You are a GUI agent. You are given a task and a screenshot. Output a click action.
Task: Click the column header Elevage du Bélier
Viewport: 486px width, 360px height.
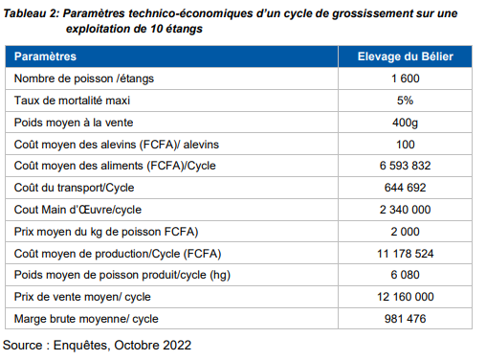click(x=405, y=57)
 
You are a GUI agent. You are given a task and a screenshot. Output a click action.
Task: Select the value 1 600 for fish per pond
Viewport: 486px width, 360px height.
click(x=406, y=79)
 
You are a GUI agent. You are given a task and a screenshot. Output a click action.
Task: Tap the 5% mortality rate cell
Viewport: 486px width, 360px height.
click(x=406, y=101)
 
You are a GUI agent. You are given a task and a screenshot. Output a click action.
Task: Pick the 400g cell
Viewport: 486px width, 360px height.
click(x=406, y=123)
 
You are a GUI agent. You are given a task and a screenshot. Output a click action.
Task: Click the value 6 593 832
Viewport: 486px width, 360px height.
click(x=406, y=166)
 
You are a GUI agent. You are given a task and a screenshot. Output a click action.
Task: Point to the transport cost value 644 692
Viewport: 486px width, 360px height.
click(x=406, y=188)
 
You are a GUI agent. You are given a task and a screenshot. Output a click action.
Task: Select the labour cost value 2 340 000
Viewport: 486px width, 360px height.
click(x=406, y=210)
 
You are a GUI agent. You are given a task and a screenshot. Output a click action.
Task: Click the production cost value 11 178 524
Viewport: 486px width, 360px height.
click(x=406, y=253)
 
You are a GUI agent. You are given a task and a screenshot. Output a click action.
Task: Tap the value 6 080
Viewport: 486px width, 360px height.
click(x=406, y=275)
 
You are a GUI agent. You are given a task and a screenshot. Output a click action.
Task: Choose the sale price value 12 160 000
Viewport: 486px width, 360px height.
click(x=406, y=297)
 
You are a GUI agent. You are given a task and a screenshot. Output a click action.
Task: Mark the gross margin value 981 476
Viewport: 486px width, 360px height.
click(x=406, y=319)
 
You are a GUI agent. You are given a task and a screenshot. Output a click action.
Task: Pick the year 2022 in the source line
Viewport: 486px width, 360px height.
click(x=177, y=343)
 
